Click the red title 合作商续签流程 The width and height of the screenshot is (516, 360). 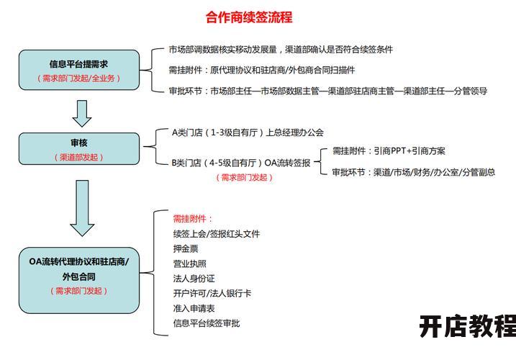[x=249, y=17]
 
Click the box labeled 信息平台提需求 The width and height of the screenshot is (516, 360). [x=79, y=70]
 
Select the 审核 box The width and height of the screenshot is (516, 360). [x=79, y=148]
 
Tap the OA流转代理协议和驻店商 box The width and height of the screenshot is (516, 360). [x=79, y=280]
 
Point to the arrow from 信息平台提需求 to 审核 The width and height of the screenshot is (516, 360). [x=81, y=113]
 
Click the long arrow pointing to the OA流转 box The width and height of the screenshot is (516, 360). [x=82, y=208]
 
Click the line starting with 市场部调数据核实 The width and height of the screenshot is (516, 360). [x=281, y=50]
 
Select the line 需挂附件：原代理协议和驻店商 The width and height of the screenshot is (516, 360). [x=262, y=70]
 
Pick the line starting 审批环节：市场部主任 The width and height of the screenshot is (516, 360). [x=327, y=91]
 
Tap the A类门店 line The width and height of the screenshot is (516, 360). [x=248, y=132]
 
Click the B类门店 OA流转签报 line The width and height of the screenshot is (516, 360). [x=241, y=163]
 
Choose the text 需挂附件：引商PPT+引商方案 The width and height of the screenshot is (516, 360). [x=389, y=151]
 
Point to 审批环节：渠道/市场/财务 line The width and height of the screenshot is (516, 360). [x=414, y=172]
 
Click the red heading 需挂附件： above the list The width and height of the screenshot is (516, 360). [x=193, y=219]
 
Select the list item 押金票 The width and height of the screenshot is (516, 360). [x=186, y=248]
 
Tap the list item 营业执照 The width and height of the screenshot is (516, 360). [x=189, y=264]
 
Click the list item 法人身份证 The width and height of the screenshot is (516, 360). [x=194, y=279]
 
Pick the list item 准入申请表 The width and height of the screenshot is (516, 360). [x=194, y=308]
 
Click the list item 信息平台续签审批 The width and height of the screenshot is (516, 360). [x=207, y=323]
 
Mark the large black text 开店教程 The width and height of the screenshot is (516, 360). [x=468, y=326]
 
